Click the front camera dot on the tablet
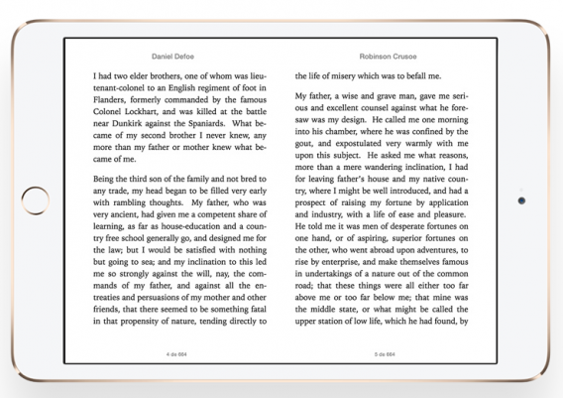[521, 199]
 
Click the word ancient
[131, 229]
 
